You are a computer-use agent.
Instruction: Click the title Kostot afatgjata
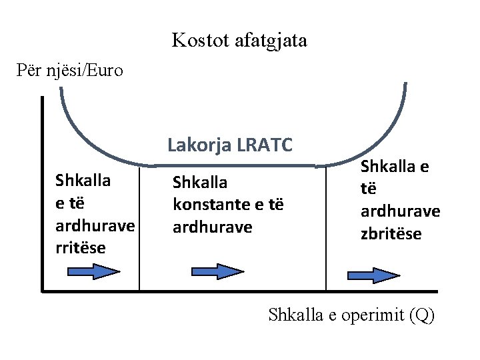coord(239,41)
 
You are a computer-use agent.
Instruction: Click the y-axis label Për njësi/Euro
coord(70,70)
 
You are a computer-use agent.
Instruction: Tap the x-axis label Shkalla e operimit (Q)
coord(351,315)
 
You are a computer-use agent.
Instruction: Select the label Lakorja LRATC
coord(230,145)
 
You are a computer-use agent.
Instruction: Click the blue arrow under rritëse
coord(93,271)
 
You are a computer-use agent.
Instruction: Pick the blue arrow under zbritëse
coord(373,275)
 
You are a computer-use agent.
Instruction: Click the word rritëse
coord(81,249)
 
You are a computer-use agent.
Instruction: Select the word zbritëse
coord(391,234)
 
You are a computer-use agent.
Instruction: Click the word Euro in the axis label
coord(105,70)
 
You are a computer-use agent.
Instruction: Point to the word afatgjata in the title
coord(270,41)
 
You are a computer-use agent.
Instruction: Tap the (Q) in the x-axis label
coord(423,315)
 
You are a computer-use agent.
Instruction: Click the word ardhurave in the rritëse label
coord(96,225)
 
